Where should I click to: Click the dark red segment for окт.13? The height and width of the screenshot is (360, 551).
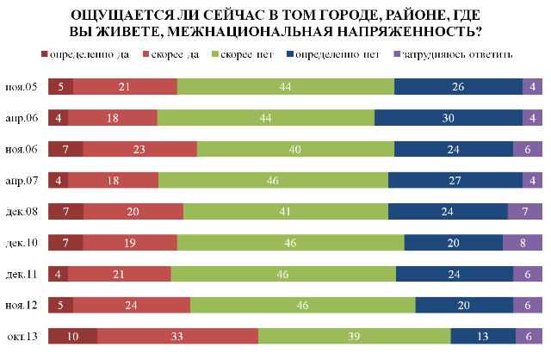(x=72, y=336)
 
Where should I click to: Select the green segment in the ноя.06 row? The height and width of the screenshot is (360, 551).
(x=295, y=148)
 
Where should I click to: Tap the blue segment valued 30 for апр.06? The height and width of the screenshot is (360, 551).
(x=449, y=117)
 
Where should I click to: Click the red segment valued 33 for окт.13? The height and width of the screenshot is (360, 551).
(x=177, y=336)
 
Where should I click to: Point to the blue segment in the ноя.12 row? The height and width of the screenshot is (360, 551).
(x=464, y=305)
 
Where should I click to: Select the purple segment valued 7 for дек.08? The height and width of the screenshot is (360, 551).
(x=524, y=211)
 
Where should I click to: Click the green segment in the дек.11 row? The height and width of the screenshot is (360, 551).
(x=283, y=274)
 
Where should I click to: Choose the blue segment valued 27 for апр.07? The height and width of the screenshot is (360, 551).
(x=455, y=180)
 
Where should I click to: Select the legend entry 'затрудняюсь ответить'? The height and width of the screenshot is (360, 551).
(x=456, y=54)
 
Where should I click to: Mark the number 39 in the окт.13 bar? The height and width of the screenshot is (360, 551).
(x=354, y=336)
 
